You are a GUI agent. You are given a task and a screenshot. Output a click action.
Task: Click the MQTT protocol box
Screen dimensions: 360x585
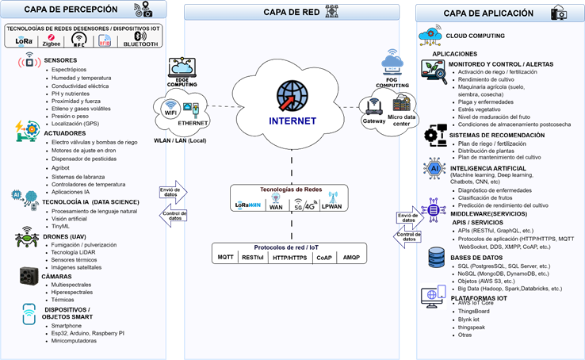click(226, 257)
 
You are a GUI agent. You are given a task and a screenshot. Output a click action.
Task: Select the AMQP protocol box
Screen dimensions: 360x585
click(350, 257)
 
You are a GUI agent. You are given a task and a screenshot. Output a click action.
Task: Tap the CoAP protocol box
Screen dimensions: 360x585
click(323, 257)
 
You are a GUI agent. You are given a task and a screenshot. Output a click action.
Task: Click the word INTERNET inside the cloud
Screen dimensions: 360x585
click(292, 121)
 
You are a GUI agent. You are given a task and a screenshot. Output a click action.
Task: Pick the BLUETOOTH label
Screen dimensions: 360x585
click(141, 44)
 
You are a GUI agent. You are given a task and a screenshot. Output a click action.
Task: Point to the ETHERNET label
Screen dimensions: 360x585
click(193, 124)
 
